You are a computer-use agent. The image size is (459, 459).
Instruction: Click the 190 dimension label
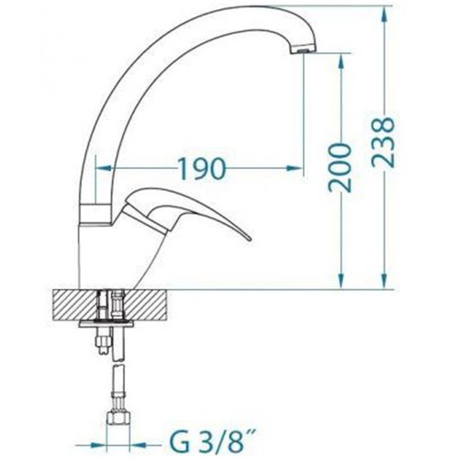point(202,168)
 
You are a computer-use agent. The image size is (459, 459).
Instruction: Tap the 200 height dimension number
point(340,167)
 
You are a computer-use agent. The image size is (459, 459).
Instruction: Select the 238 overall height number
point(383,142)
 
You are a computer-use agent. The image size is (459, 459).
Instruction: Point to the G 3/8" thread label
point(207,445)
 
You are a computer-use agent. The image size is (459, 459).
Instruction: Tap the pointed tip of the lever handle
point(250,239)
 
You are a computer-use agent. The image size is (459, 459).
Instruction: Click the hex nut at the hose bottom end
point(119,418)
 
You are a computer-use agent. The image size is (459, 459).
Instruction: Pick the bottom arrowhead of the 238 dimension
point(383,281)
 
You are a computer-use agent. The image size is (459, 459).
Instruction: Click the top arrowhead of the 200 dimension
point(341,61)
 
